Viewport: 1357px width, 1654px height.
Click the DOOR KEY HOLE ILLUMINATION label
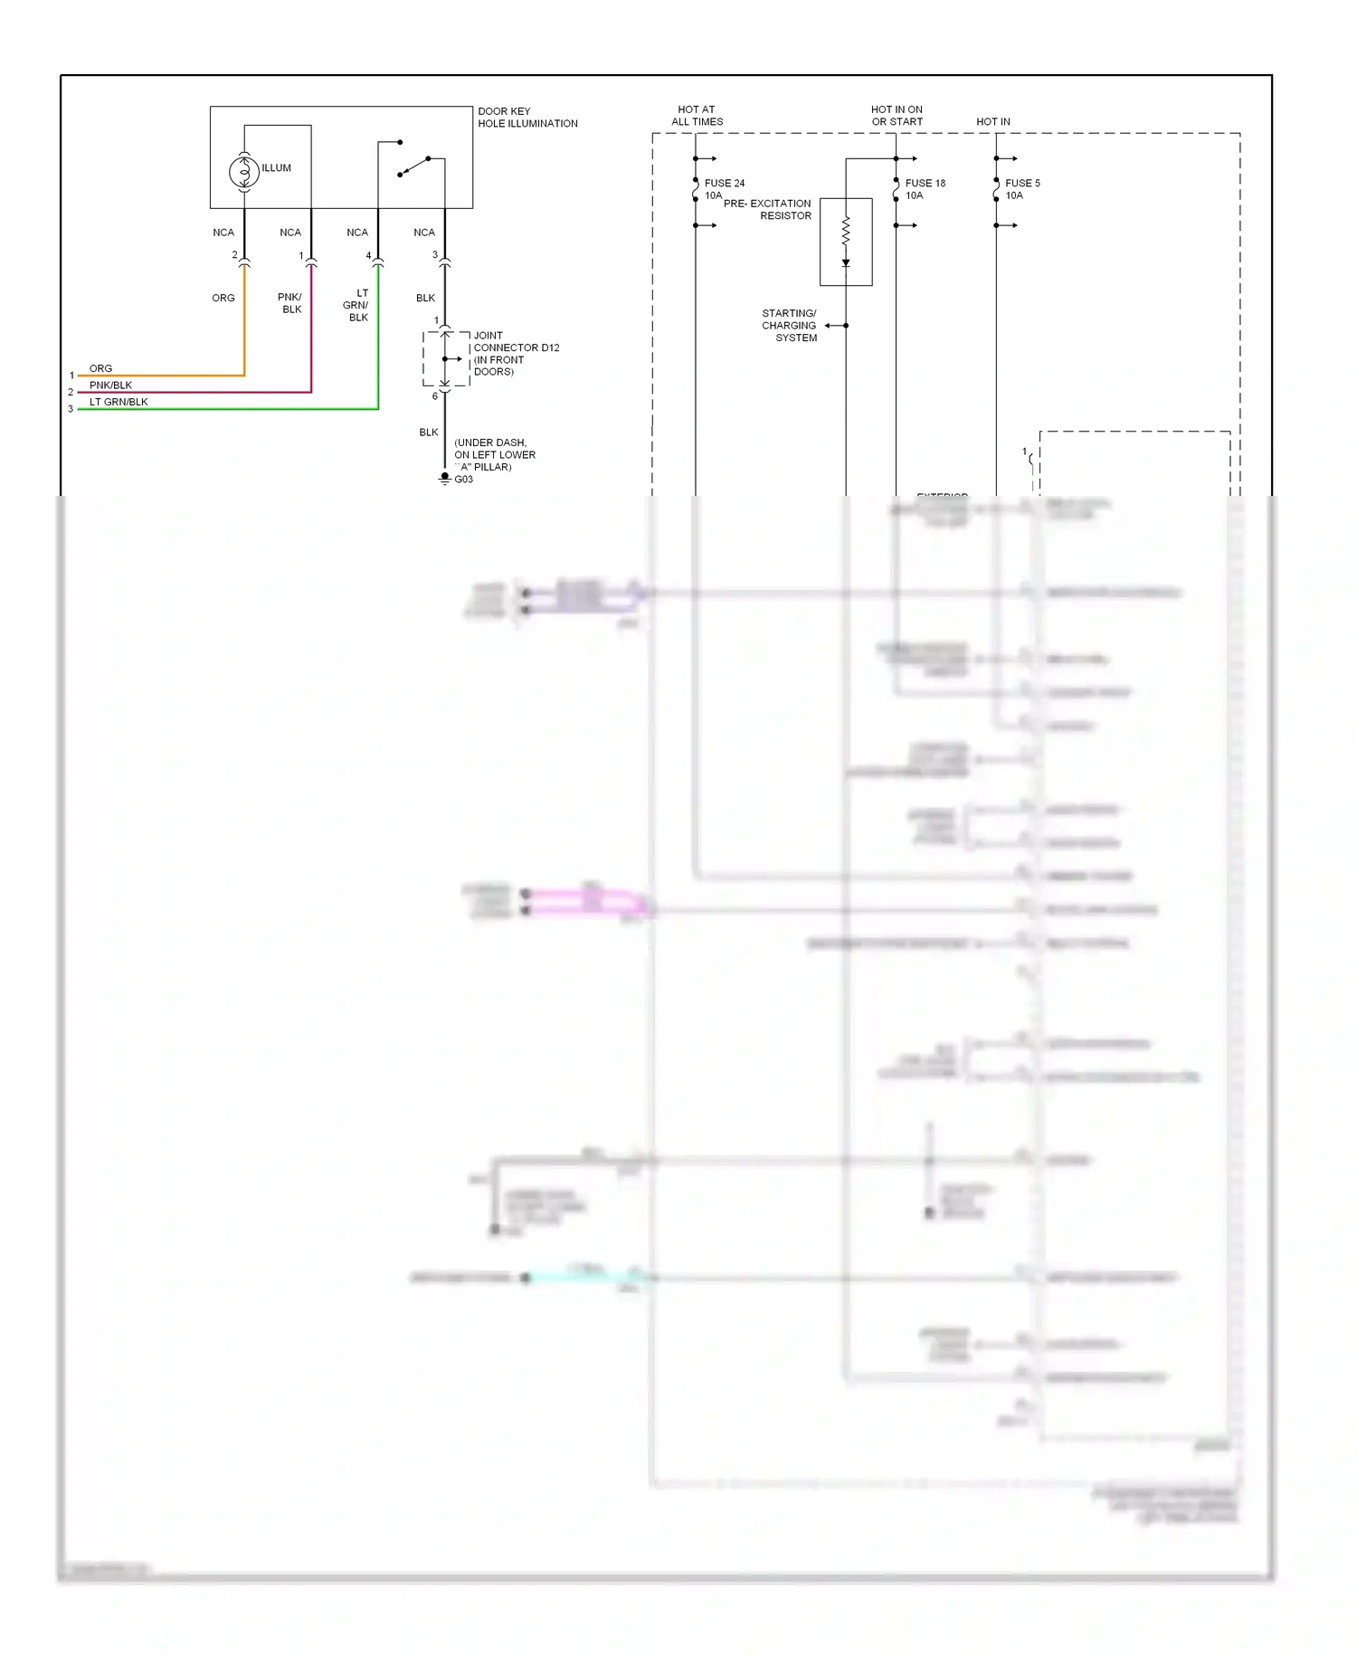[x=527, y=118]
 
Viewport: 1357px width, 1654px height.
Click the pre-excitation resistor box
[x=846, y=242]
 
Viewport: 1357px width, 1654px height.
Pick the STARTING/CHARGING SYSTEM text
[x=789, y=326]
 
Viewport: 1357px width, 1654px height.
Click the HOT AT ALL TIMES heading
[x=697, y=116]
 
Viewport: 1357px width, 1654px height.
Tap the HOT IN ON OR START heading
[x=897, y=116]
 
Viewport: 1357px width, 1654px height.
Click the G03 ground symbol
[x=444, y=478]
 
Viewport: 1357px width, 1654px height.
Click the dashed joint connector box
[x=446, y=359]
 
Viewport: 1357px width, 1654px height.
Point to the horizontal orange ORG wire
[x=163, y=375]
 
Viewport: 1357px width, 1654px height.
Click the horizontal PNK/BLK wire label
[x=110, y=385]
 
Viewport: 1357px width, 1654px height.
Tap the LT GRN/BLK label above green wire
[x=119, y=402]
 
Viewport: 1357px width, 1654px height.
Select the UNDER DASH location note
[x=494, y=455]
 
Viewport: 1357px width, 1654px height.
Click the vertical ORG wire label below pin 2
[x=223, y=298]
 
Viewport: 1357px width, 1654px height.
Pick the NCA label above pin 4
[x=357, y=233]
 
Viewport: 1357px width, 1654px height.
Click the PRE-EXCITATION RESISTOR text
[x=767, y=210]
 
